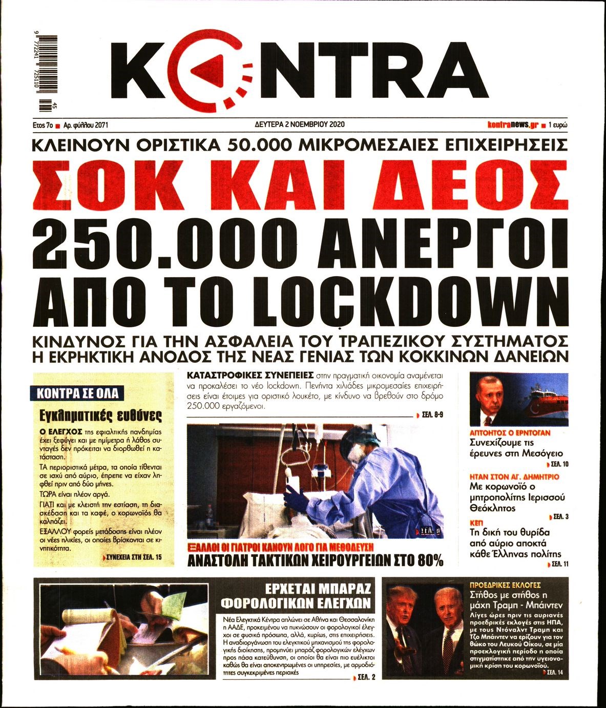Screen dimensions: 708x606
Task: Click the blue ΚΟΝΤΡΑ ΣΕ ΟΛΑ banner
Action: (x=78, y=393)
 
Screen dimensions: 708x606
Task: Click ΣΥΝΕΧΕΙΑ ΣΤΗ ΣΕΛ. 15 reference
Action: (x=134, y=556)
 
